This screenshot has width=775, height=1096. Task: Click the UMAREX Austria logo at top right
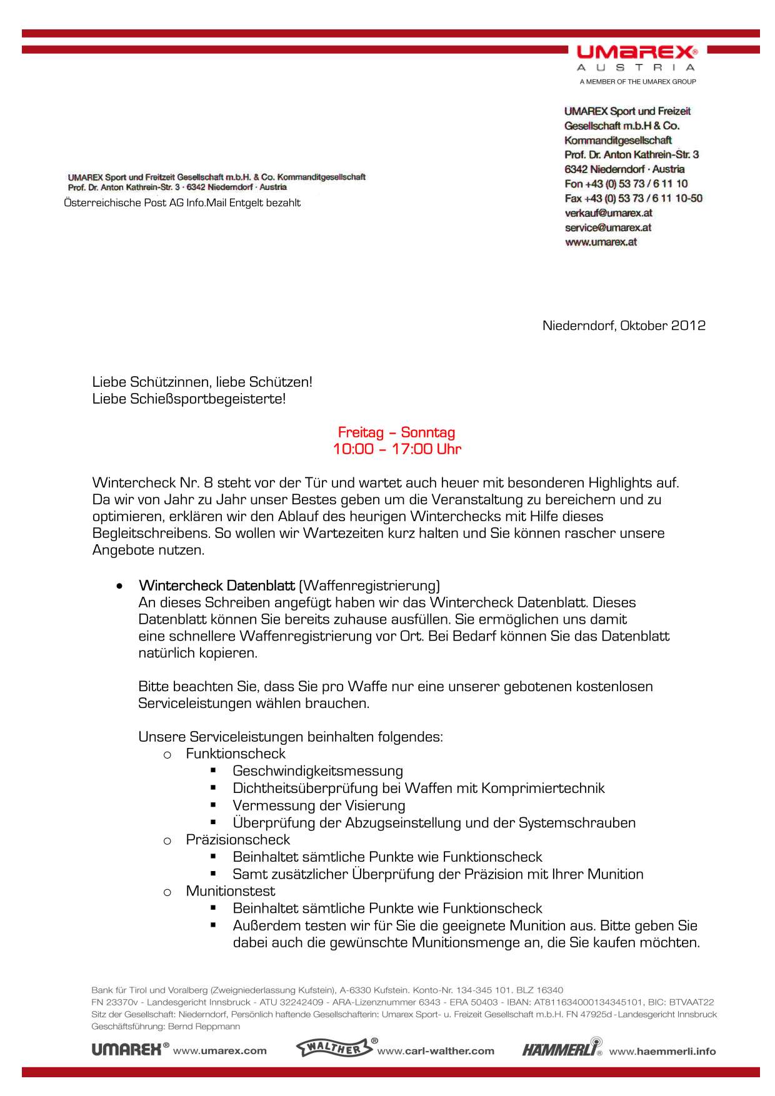click(x=636, y=59)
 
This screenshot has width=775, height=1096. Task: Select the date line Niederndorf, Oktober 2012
click(x=624, y=326)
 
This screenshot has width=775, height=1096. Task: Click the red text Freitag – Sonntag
click(x=396, y=432)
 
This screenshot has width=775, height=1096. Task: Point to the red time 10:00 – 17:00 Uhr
click(x=397, y=449)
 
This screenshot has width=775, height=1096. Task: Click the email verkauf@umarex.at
click(x=608, y=213)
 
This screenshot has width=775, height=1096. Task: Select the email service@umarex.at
click(x=608, y=227)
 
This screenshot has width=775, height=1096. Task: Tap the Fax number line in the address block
click(x=633, y=199)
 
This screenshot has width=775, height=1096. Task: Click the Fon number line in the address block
click(x=626, y=184)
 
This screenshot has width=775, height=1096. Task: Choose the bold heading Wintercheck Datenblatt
click(x=217, y=585)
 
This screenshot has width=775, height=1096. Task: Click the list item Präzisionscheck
click(x=238, y=840)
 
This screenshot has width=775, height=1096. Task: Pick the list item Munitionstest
click(x=231, y=891)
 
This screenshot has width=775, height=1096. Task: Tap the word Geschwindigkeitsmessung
click(x=317, y=771)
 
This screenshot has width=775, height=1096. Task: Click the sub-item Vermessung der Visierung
click(x=319, y=805)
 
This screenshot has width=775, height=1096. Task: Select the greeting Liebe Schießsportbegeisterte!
click(x=189, y=399)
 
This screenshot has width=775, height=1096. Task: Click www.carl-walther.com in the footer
click(x=436, y=1051)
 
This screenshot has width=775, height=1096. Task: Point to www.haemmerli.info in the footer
click(x=662, y=1051)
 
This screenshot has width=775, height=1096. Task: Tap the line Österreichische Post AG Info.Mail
click(x=182, y=203)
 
